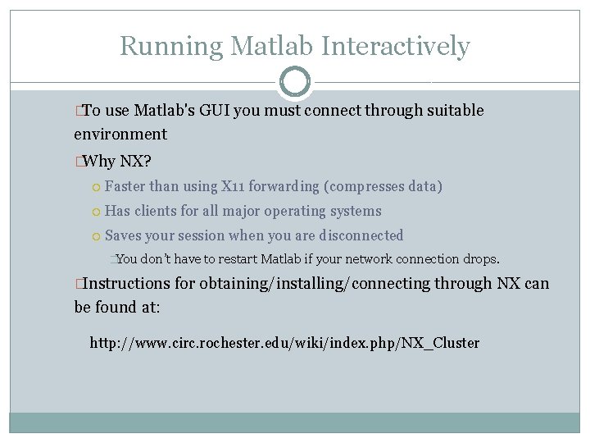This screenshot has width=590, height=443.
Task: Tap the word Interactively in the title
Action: point(396,46)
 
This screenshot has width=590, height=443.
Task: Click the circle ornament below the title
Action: point(295,82)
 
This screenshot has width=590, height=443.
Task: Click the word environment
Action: point(120,135)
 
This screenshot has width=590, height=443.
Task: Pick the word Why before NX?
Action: point(99,161)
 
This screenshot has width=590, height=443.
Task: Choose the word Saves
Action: point(123,235)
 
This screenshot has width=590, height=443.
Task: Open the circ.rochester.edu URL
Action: point(284,343)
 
